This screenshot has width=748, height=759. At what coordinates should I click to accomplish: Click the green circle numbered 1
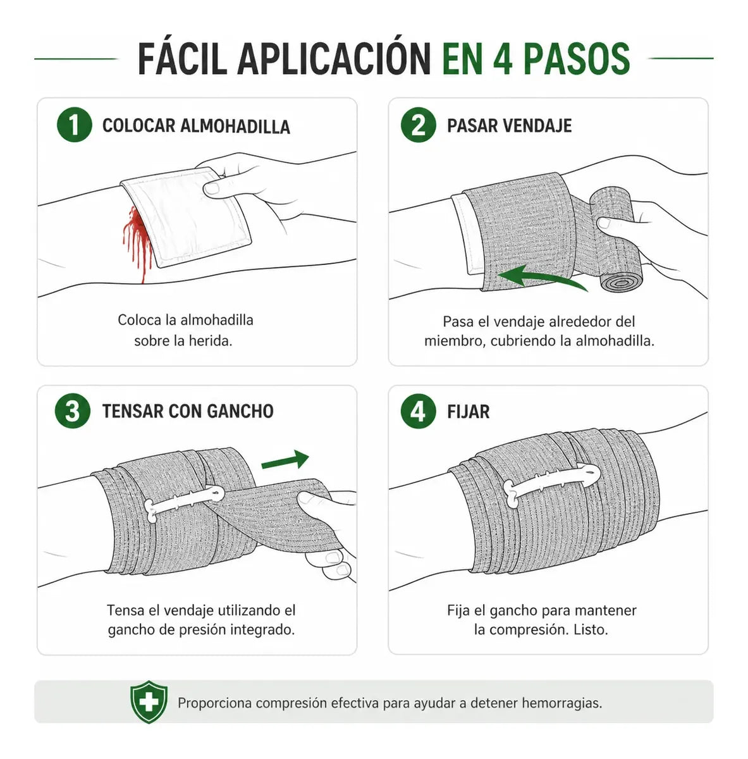pyautogui.click(x=75, y=125)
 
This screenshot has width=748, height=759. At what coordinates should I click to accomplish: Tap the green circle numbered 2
pyautogui.click(x=419, y=125)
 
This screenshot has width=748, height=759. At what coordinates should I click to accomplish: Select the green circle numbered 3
pyautogui.click(x=73, y=411)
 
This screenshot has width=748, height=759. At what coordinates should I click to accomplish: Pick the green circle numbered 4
pyautogui.click(x=419, y=412)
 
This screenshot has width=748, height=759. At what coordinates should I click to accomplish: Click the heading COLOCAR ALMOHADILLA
pyautogui.click(x=196, y=126)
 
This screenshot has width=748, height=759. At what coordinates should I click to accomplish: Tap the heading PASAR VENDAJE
pyautogui.click(x=509, y=126)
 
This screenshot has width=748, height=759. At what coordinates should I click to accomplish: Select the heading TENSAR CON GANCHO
pyautogui.click(x=188, y=411)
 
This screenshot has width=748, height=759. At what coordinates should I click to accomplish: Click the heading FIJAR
pyautogui.click(x=469, y=412)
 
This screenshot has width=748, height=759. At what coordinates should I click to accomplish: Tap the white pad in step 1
pyautogui.click(x=185, y=218)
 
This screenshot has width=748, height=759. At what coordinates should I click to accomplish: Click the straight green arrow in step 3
pyautogui.click(x=286, y=460)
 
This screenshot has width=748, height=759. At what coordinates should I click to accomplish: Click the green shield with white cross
pyautogui.click(x=149, y=701)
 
